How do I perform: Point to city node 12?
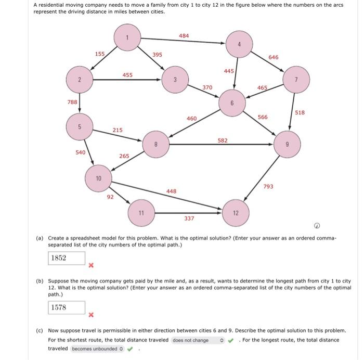pyautogui.click(x=235, y=213)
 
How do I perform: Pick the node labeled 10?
pyautogui.click(x=98, y=178)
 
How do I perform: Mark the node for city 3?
pyautogui.click(x=175, y=80)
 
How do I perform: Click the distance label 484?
pyautogui.click(x=184, y=35)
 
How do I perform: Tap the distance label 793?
pyautogui.click(x=268, y=186)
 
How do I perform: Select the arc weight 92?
pyautogui.click(x=110, y=197)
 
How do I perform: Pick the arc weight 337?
pyautogui.click(x=189, y=218)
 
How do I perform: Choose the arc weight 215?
pyautogui.click(x=118, y=130)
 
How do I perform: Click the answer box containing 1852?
pyautogui.click(x=67, y=259)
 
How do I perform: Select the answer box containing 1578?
pyautogui.click(x=67, y=307)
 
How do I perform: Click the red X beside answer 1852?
pyautogui.click(x=90, y=265)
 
